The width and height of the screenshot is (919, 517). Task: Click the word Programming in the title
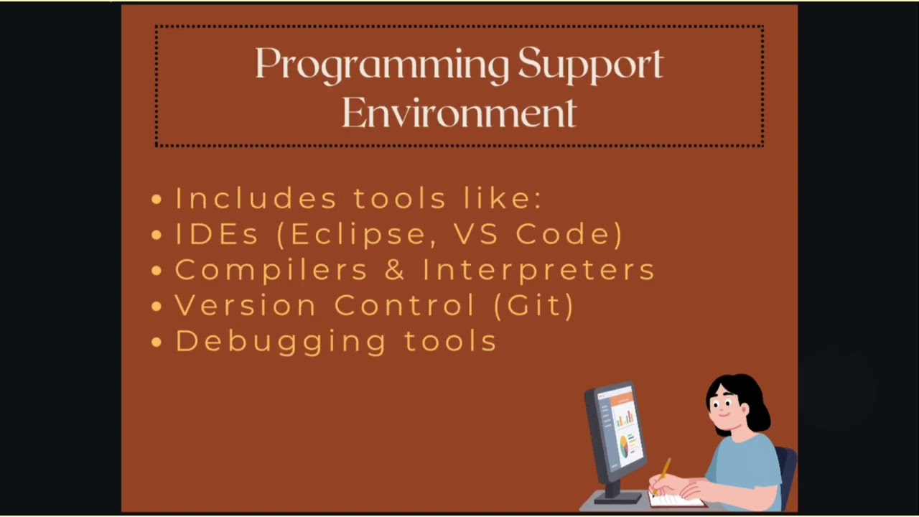pos(382,65)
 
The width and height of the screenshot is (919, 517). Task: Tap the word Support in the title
pos(590,65)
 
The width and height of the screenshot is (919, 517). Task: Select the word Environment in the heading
pos(459,113)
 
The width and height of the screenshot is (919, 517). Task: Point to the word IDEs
pos(217,234)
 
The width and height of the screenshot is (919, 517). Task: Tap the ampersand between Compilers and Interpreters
pos(395,270)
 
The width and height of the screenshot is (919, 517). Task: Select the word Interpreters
pos(538,271)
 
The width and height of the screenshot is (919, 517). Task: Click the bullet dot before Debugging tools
pos(157,343)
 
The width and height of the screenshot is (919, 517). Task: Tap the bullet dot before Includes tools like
pos(157,200)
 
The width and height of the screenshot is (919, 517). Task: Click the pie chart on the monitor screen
pos(625,448)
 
